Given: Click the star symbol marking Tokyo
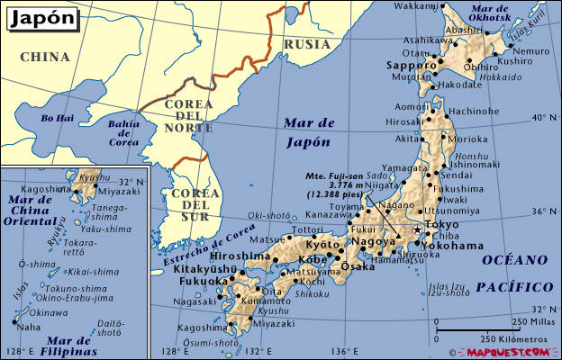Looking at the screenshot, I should [x=416, y=230].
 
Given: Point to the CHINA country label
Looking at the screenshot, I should [x=44, y=57].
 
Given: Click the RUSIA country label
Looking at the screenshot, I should [x=302, y=43].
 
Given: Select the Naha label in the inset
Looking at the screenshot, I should [x=29, y=327].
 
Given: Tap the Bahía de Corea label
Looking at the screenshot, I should [x=122, y=132].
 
